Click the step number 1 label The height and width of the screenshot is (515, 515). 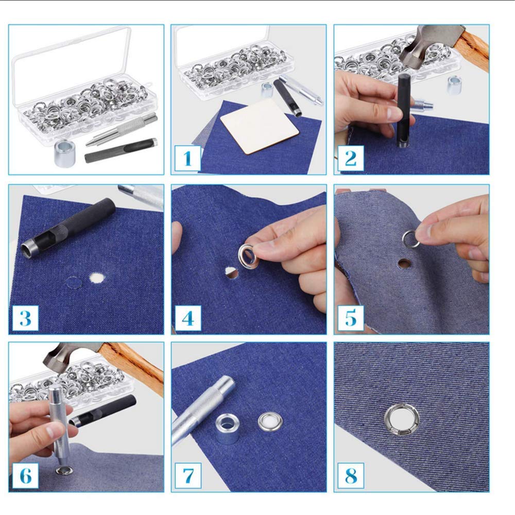pos(187,158)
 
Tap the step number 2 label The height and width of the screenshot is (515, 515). pos(350,158)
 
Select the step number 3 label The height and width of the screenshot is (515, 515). pos(25,318)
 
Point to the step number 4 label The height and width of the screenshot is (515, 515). pos(188,318)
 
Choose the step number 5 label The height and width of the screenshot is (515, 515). pos(351,318)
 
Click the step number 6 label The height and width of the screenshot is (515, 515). pos(25,475)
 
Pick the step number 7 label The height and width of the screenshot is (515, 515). pos(188,475)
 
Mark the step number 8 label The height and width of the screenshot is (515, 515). pos(351,475)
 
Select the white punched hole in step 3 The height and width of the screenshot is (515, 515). pos(97,278)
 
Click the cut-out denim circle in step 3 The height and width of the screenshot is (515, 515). pos(73,282)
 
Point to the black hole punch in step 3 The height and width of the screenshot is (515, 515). pos(68,228)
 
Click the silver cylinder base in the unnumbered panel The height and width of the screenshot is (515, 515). pos(65,153)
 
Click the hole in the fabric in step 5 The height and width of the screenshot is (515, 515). pos(404,263)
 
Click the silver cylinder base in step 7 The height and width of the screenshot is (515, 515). pos(228,428)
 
